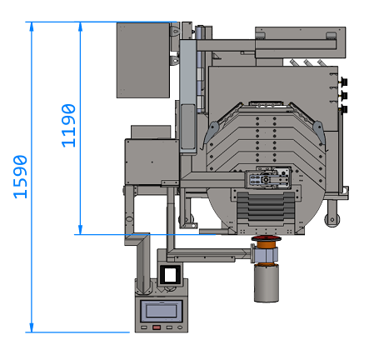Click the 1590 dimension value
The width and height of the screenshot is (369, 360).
point(20,177)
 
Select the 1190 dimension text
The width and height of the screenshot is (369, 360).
point(68,126)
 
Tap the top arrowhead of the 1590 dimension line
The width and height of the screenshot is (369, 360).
point(32,27)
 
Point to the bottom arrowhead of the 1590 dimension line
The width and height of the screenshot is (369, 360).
point(32,327)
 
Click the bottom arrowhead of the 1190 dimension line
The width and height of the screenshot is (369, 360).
point(80,229)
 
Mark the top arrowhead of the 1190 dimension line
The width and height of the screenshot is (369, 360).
point(81,27)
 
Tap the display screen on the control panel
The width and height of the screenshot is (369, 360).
point(161,309)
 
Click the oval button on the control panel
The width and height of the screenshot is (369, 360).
point(180,327)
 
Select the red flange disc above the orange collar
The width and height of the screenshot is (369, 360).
point(266,238)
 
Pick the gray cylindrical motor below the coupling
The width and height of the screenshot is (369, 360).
point(267,283)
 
